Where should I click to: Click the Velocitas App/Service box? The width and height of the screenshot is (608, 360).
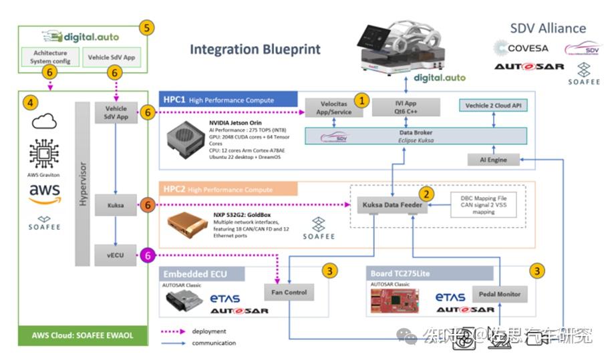332,108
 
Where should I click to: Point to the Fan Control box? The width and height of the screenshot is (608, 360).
288,293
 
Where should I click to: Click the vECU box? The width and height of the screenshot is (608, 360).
116,254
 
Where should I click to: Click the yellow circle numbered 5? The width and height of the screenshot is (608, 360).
147,28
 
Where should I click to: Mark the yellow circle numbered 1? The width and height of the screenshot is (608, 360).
361,101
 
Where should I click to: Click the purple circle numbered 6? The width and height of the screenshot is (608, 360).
148,254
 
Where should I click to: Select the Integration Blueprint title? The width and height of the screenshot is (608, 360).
255,49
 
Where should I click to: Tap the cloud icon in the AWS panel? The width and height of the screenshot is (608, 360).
45,122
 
